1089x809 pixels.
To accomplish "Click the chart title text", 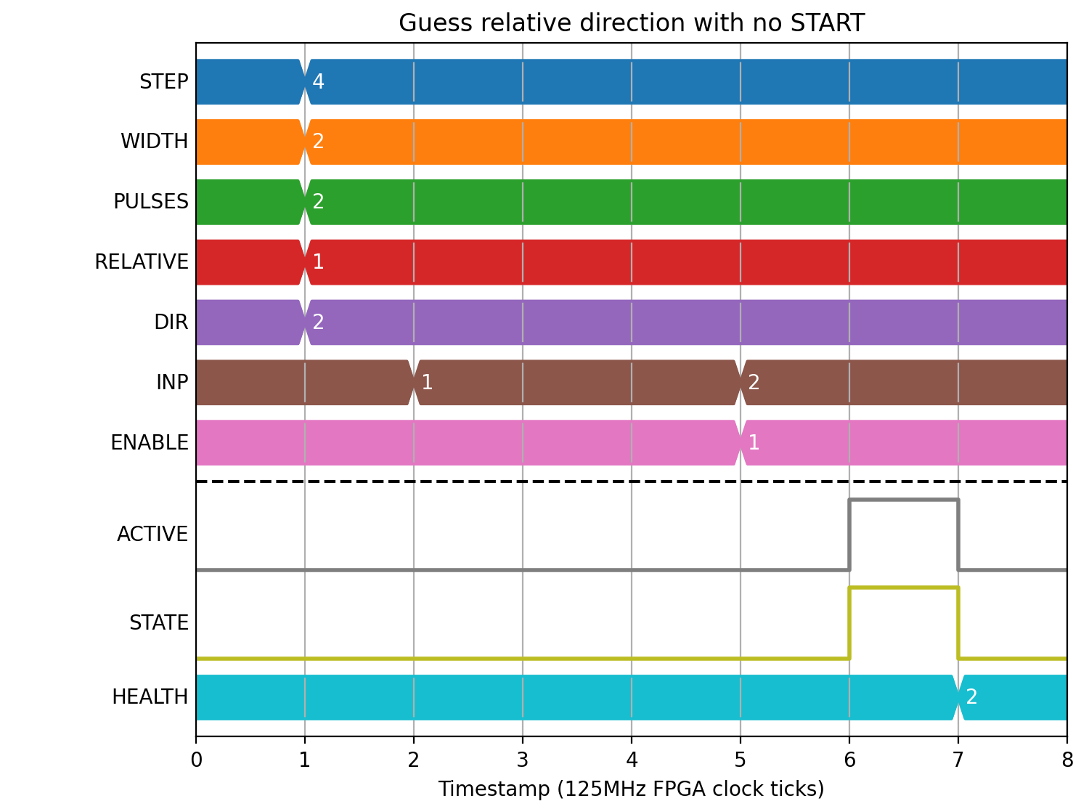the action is tap(631, 23).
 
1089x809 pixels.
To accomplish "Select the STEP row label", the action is tap(163, 81).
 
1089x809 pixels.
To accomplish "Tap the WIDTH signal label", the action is tap(154, 142).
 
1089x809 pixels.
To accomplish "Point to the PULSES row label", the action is tap(151, 202).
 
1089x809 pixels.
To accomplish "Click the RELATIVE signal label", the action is tap(142, 262).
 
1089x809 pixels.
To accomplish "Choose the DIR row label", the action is tap(171, 322).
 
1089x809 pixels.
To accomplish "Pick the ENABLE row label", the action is tap(150, 442).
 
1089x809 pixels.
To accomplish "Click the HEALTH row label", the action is tap(150, 697).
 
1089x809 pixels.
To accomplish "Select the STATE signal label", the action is tap(158, 623).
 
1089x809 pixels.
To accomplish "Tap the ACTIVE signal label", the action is tap(152, 534).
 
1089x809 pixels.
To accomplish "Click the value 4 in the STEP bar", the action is tap(318, 81).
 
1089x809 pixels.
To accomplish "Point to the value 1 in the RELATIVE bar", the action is tap(318, 262).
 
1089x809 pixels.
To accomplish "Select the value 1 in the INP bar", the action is tap(427, 383).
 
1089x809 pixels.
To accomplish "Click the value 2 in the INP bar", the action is tap(754, 383).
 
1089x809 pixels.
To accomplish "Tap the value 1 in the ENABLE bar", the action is tap(754, 442).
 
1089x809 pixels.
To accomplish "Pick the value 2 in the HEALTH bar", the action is tap(971, 697).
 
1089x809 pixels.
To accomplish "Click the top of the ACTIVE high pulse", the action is tap(903, 500).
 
